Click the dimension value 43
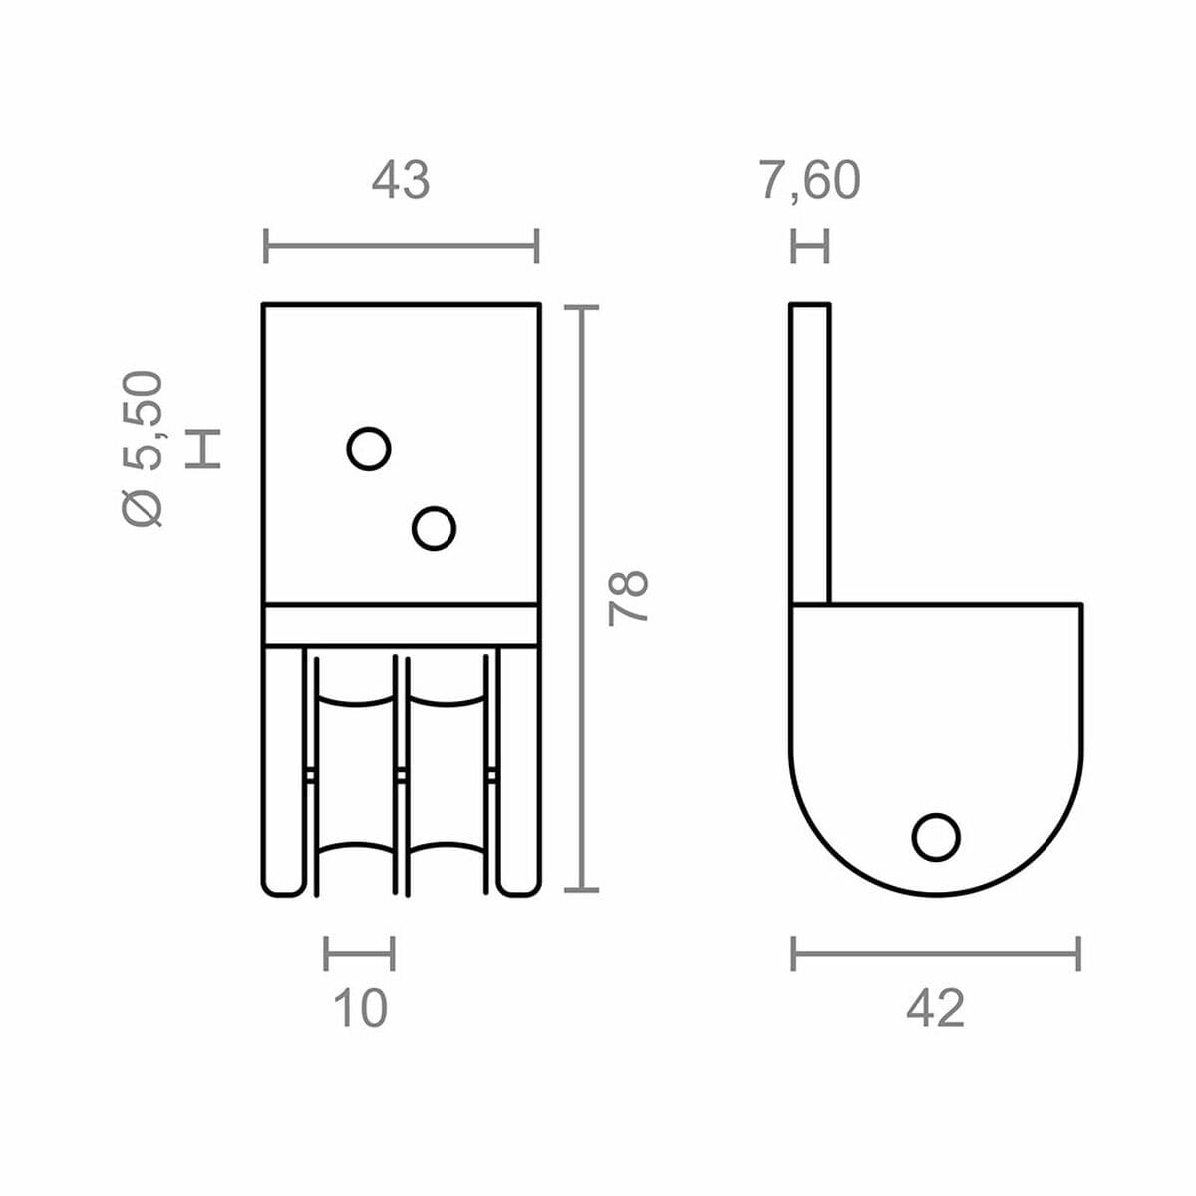pos(400,181)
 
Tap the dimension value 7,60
pos(809,181)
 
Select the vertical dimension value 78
pos(630,598)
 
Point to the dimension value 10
pos(359,1008)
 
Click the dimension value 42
pos(935,1008)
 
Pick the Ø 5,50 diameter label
pos(143,448)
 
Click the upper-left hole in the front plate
pos(369,448)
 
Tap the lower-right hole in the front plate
pos(434,528)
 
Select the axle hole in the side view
pos(936,837)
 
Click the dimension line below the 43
pos(401,245)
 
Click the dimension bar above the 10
pos(359,953)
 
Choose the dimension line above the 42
pos(935,953)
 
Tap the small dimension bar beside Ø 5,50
pos(203,448)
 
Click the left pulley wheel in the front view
pos(356,772)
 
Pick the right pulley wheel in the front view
pos(445,772)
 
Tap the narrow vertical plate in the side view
pos(810,453)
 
